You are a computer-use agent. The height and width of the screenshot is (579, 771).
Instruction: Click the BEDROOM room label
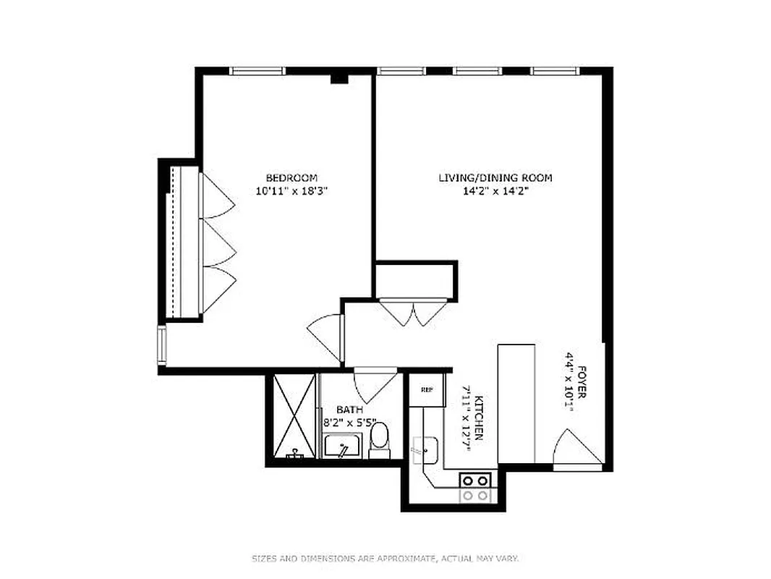(x=291, y=178)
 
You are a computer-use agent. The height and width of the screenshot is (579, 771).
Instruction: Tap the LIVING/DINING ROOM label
(x=495, y=178)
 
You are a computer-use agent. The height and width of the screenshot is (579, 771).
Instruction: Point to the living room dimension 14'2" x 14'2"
(x=495, y=192)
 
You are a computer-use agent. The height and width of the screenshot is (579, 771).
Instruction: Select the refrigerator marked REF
(x=427, y=390)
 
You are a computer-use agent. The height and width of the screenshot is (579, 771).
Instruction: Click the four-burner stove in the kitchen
(x=476, y=487)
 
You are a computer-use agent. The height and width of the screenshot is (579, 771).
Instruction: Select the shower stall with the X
(x=294, y=416)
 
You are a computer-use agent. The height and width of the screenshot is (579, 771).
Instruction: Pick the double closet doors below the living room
(x=412, y=312)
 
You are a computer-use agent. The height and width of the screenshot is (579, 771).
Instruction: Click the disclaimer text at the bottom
(x=385, y=558)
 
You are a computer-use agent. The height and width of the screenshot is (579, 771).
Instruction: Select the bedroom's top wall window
(x=258, y=71)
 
